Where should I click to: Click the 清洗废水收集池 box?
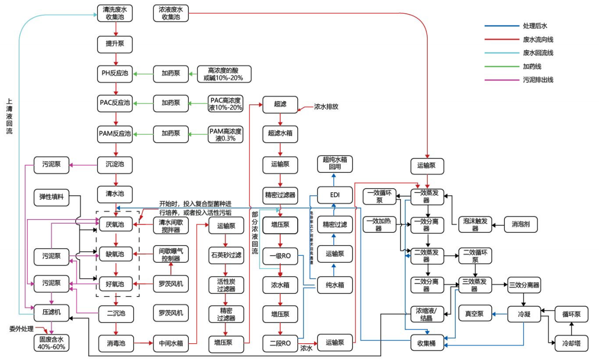pos(115,13)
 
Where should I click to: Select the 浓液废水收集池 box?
pos(171,13)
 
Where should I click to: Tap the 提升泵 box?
pos(115,44)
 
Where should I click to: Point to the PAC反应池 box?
pos(115,104)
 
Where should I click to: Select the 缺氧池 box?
pos(115,254)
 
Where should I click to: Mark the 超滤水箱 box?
pos(280,135)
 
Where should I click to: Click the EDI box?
pos(335,195)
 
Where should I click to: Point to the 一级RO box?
pos(280,255)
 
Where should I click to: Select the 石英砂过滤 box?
pos(225,254)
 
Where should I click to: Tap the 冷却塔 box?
pos(571,343)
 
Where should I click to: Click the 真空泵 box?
pos(475,314)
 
